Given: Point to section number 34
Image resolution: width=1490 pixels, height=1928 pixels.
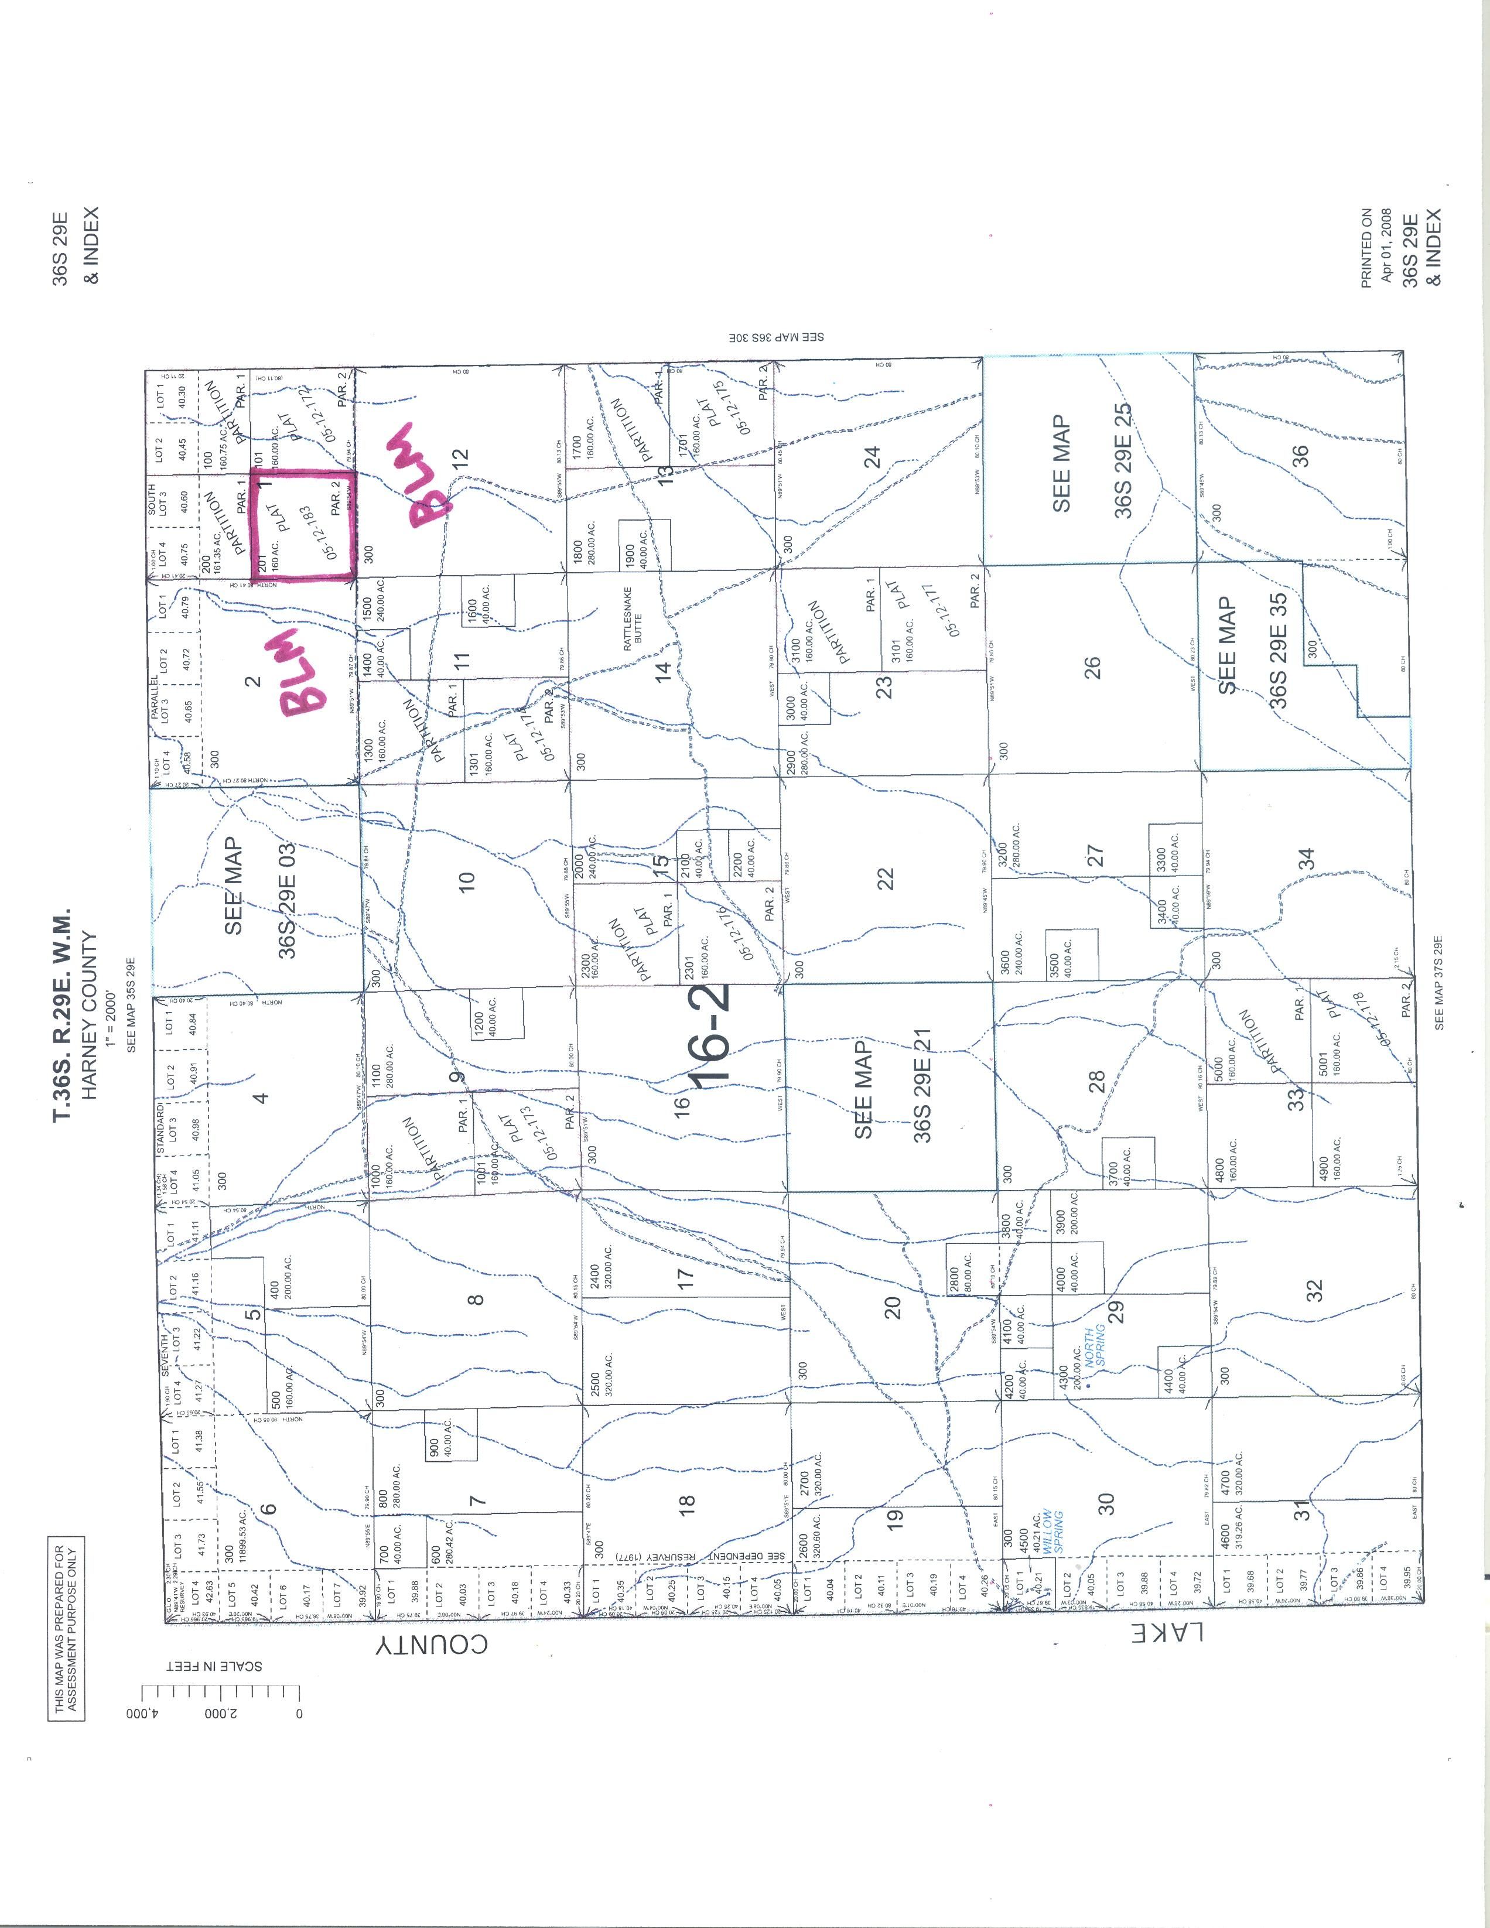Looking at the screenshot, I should point(1309,858).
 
